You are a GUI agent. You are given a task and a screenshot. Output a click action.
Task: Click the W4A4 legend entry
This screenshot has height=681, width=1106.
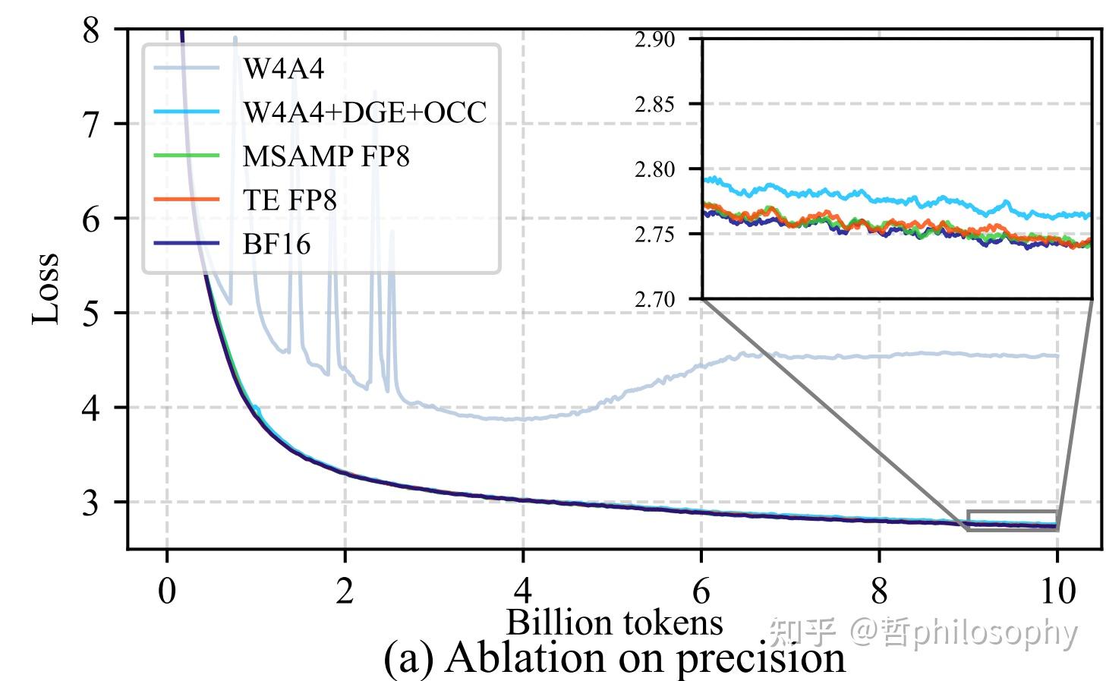[282, 69]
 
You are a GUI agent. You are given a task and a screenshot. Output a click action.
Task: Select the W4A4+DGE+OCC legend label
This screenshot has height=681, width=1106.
[364, 112]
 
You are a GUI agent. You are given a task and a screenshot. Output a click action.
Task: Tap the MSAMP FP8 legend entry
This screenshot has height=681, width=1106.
[326, 156]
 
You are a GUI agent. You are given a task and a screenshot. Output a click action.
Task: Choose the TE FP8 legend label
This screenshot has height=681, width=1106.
[289, 200]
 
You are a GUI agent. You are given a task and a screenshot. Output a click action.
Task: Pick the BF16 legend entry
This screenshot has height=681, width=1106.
[276, 244]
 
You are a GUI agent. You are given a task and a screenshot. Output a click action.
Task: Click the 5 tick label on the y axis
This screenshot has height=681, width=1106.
[91, 313]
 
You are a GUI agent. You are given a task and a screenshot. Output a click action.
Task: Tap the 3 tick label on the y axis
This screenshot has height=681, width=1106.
[91, 502]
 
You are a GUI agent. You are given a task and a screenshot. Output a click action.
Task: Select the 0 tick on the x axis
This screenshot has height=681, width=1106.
[167, 591]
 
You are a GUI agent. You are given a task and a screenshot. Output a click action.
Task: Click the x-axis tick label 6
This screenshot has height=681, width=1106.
[701, 591]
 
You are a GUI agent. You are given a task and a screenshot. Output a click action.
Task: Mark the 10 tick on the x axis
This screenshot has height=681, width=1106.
[1057, 591]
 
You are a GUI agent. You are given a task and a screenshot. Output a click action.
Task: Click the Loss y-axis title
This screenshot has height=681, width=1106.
[46, 288]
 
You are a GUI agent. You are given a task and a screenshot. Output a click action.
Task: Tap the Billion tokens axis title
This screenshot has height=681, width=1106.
[614, 623]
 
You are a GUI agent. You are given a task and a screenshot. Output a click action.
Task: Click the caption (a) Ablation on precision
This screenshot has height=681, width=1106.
[614, 657]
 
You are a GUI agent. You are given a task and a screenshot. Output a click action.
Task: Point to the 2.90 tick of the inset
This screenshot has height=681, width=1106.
[654, 39]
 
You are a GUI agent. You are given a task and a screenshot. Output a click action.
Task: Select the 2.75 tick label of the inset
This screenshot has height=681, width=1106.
[654, 235]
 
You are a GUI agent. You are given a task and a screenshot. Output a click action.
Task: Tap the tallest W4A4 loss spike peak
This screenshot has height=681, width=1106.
[235, 37]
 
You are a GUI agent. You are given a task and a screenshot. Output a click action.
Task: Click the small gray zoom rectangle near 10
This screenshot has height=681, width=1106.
[1012, 520]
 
